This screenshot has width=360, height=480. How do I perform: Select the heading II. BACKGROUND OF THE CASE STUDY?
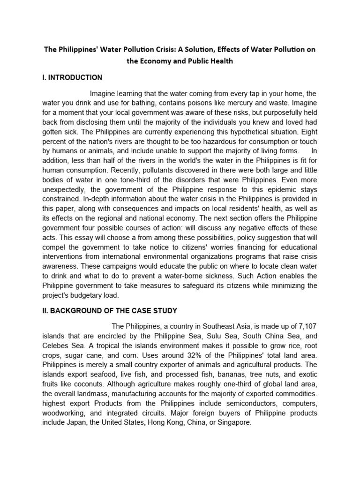[x=109, y=310]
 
